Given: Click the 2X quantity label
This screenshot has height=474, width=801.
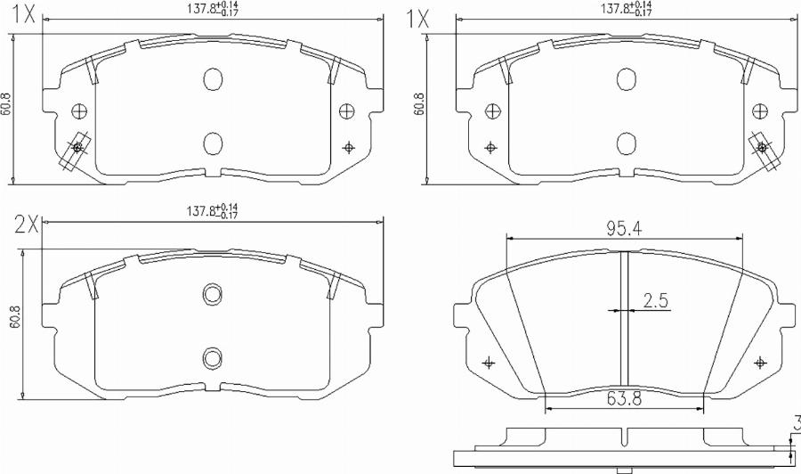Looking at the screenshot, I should [x=27, y=224].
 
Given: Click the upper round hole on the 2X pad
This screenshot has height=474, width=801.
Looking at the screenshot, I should [x=212, y=294].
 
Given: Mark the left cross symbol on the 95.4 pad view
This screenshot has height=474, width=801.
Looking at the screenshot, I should [x=487, y=363].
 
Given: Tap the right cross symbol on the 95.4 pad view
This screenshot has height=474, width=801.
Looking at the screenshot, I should [x=759, y=363].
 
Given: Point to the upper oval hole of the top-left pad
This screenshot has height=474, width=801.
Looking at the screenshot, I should [x=212, y=79].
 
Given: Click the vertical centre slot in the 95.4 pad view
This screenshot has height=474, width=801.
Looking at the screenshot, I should [x=624, y=321].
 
